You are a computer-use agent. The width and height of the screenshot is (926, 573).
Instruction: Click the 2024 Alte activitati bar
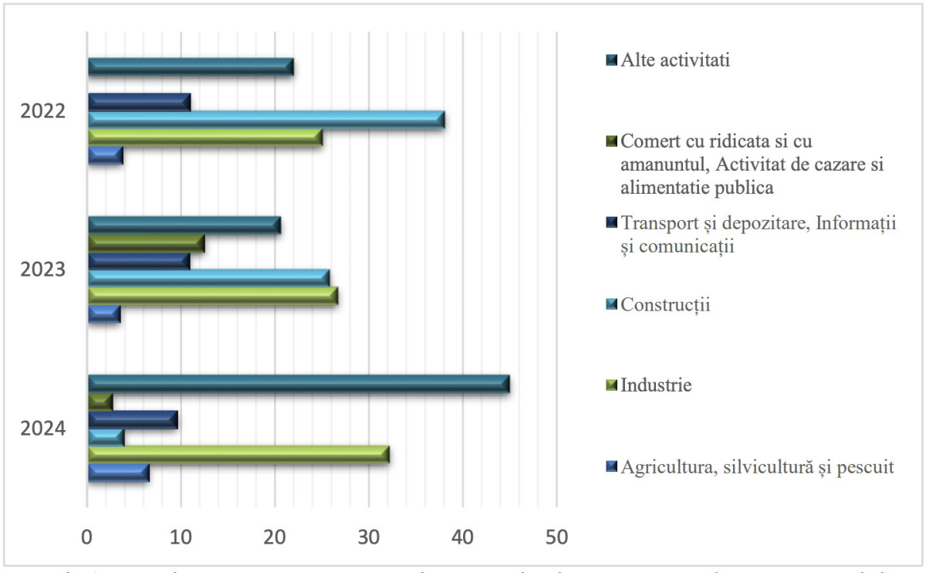pos(299,384)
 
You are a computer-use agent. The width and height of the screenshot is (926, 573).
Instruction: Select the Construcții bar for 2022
pos(266,120)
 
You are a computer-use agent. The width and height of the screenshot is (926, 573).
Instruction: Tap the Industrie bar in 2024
pos(238,455)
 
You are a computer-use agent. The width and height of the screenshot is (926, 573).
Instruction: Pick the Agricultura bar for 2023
pos(104,314)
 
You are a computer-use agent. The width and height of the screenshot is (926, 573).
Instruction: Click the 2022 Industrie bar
pos(205,137)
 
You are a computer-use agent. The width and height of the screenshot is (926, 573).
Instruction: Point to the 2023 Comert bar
pos(146,243)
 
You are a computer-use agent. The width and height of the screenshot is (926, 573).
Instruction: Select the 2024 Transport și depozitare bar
pos(133,419)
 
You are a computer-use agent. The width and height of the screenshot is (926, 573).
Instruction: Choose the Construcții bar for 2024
pos(106,437)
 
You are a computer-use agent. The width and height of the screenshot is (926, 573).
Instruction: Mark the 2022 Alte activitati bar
pos(191,67)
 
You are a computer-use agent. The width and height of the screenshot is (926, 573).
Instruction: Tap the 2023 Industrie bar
pos(213,296)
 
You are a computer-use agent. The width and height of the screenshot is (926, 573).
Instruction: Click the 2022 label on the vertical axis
pos(43,111)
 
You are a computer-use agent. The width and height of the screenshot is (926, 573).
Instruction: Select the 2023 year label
pos(43,270)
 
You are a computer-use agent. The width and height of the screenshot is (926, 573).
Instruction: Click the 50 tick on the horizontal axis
pos(556,534)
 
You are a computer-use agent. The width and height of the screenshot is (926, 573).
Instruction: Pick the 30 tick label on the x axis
pos(369,534)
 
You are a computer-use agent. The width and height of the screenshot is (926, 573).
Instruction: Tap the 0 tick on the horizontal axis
pos(87,534)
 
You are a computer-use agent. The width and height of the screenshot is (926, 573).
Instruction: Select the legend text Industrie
pos(657,385)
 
